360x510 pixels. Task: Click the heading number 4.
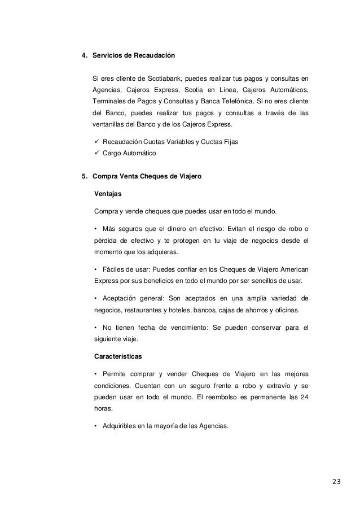coord(84,56)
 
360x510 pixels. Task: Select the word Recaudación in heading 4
coord(153,56)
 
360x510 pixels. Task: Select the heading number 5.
coord(84,177)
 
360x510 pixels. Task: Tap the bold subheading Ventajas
coord(108,194)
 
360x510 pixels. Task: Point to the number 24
coord(305,397)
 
